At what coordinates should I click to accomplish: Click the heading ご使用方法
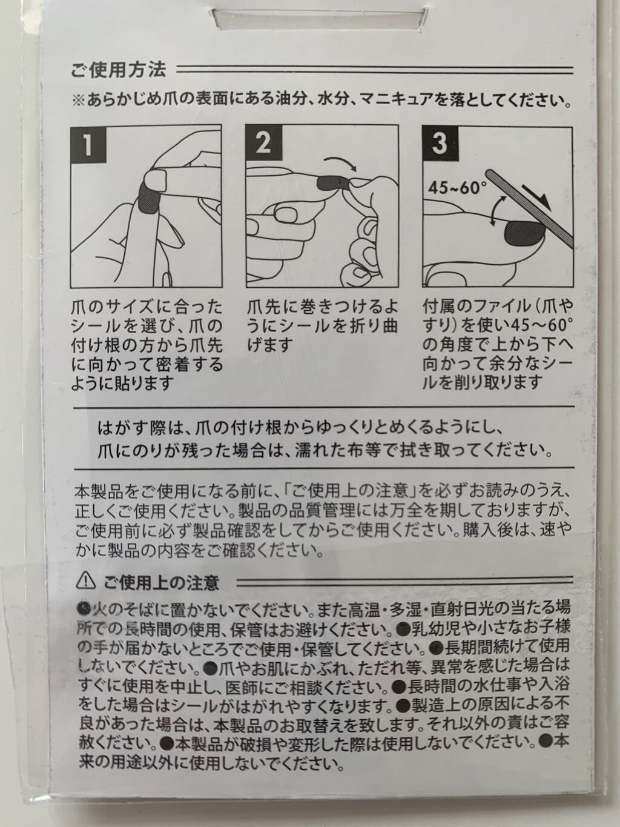(118, 70)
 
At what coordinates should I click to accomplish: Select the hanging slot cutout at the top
(320, 19)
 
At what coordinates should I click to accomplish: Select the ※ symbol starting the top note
(79, 101)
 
